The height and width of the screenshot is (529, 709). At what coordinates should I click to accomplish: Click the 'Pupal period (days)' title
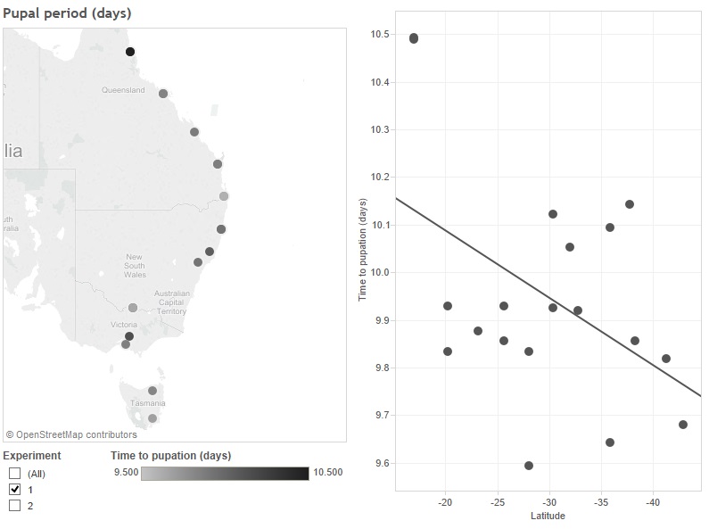[67, 14]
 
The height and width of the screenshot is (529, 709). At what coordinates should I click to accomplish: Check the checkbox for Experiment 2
[14, 506]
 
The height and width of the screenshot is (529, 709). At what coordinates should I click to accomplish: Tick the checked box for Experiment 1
[14, 490]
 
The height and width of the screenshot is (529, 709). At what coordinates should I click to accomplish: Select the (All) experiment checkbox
[14, 474]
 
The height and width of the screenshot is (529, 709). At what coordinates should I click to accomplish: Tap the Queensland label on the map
[123, 90]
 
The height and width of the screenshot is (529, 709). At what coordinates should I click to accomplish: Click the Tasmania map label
[148, 403]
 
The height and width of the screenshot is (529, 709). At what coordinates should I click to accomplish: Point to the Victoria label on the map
[124, 325]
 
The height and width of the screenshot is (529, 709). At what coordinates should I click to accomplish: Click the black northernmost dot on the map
[130, 52]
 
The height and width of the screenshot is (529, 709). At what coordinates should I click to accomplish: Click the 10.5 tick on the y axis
[381, 34]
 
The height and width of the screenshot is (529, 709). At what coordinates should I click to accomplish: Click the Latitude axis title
[548, 516]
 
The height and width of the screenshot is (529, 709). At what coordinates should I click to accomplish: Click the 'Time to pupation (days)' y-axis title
[363, 250]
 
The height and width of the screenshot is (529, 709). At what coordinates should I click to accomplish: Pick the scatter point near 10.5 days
[414, 38]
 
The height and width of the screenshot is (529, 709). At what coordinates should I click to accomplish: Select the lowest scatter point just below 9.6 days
[529, 466]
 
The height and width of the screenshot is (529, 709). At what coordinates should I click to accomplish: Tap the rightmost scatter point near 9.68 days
[683, 425]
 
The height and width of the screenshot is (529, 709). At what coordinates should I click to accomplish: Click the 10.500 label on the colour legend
[327, 473]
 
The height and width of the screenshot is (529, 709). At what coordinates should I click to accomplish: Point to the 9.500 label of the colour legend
[125, 473]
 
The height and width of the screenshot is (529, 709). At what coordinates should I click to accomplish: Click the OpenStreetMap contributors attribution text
[71, 435]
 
